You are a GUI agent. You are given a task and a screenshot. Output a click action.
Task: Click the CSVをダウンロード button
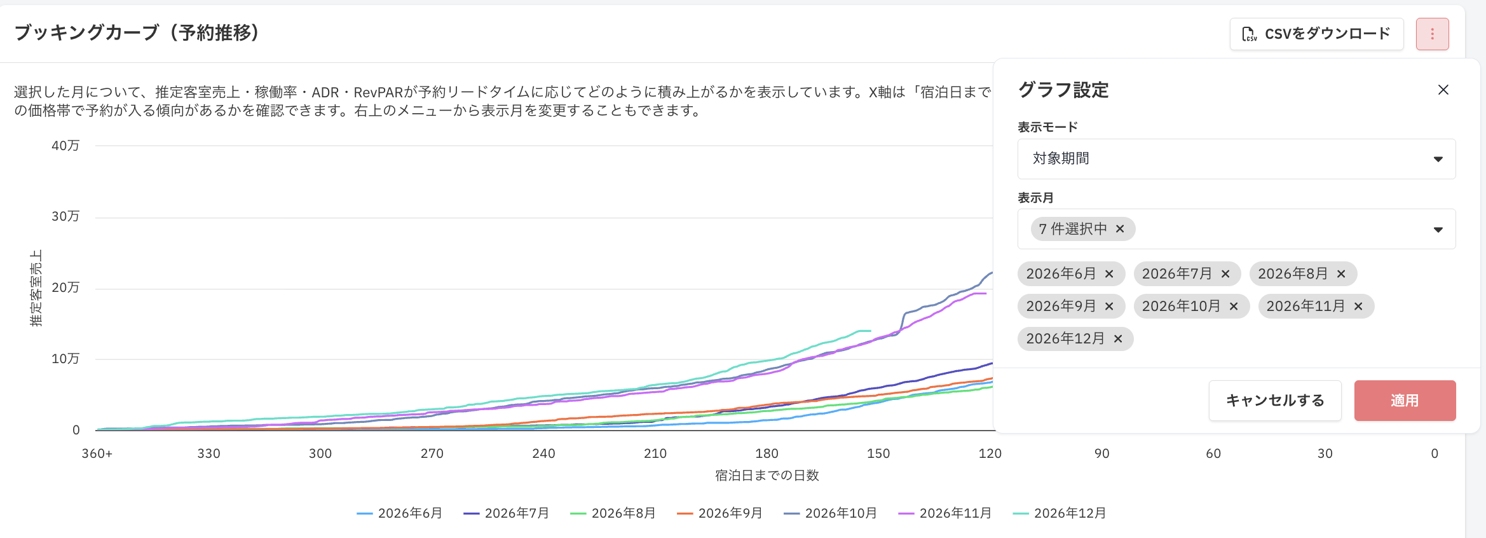click(1316, 34)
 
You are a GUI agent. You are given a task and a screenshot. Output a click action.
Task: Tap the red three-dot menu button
click(1432, 34)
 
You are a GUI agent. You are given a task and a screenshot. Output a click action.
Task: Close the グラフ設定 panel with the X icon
click(1443, 90)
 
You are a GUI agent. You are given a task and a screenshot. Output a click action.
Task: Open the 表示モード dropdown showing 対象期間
click(1236, 159)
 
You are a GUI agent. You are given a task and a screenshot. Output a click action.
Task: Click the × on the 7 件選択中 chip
click(1120, 229)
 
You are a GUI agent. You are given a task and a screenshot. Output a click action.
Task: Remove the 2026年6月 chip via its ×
click(1109, 274)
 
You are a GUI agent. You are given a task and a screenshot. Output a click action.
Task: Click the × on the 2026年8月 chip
click(1341, 274)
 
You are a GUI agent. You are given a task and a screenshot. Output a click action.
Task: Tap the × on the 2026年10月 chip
click(1234, 307)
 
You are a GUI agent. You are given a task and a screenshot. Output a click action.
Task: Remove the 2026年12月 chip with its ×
click(1118, 339)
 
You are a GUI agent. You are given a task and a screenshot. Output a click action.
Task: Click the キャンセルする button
click(1275, 401)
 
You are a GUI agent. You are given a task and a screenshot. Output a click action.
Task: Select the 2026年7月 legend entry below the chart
click(507, 513)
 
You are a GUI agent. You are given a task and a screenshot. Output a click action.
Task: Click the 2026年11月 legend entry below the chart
click(945, 513)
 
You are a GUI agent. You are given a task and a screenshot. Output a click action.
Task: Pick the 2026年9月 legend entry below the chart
click(720, 513)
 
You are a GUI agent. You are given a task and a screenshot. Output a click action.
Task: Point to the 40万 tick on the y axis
click(65, 146)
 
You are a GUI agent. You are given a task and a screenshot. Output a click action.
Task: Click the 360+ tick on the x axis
click(97, 453)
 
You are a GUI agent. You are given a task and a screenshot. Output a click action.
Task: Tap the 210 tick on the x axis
click(655, 453)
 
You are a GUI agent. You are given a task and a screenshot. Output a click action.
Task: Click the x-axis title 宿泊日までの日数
click(767, 476)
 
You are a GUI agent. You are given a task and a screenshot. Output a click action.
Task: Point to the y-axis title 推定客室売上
click(36, 288)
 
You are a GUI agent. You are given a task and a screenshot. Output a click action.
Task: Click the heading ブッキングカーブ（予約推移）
click(137, 33)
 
